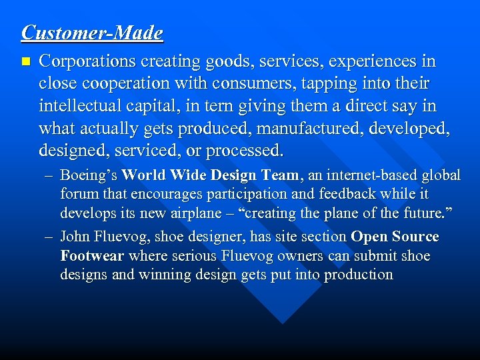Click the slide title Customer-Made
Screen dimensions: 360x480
(x=92, y=32)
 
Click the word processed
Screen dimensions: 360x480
(x=245, y=151)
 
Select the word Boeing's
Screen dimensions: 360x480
(x=89, y=176)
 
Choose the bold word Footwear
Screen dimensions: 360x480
(x=92, y=257)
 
